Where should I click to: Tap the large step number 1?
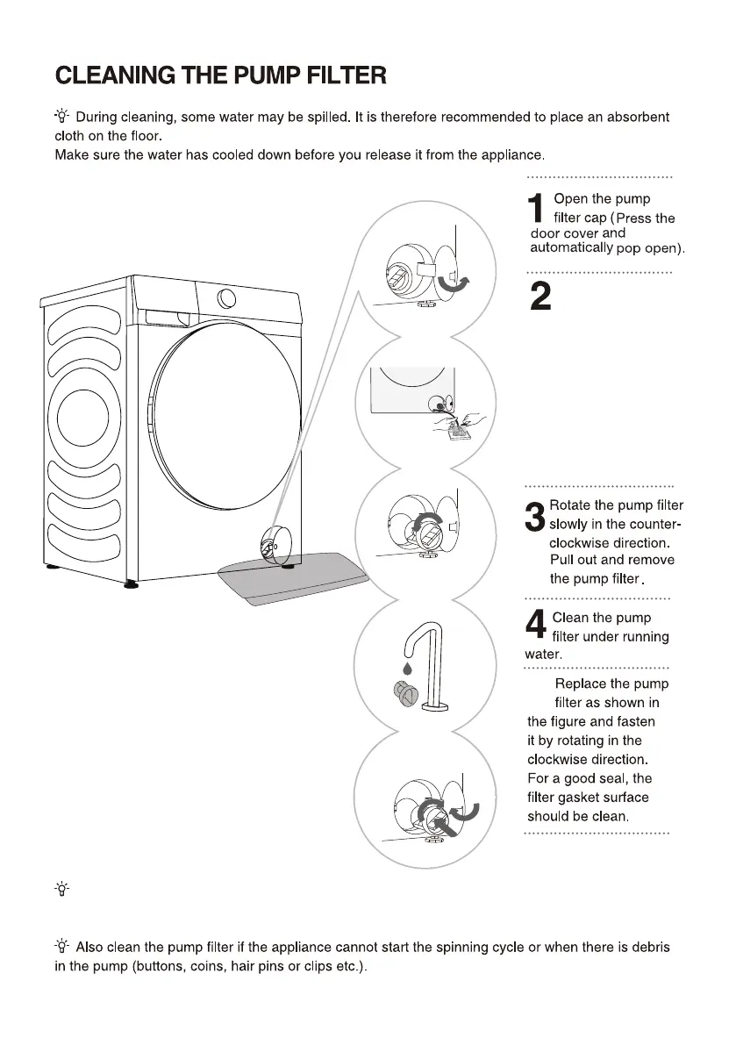coord(536,208)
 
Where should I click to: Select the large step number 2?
coord(541,297)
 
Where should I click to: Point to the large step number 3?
coord(535,517)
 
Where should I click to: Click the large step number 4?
coord(535,624)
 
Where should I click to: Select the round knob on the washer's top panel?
coord(226,298)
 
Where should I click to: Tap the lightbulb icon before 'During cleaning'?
coord(62,117)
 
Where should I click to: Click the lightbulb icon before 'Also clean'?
coord(62,947)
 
